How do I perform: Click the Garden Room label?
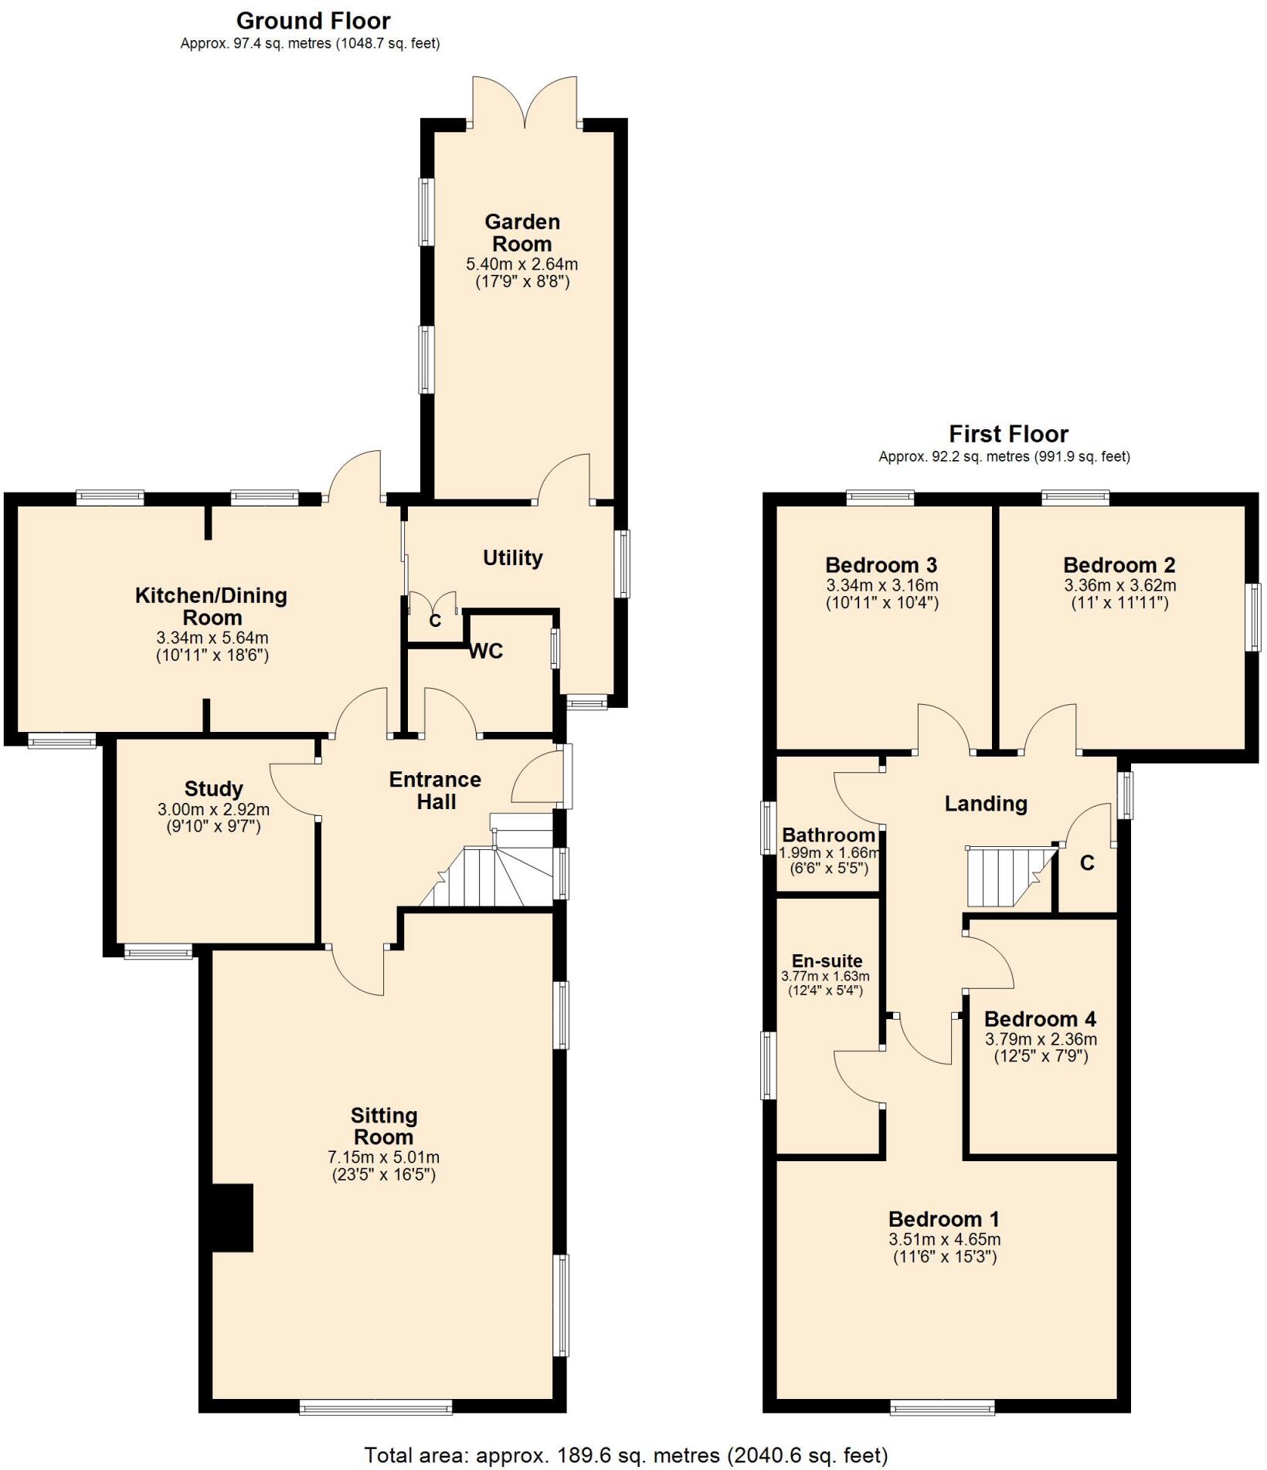(521, 232)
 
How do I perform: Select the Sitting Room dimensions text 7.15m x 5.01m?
(383, 1157)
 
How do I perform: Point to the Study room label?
(213, 789)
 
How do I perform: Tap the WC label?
(486, 652)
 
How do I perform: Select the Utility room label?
(512, 557)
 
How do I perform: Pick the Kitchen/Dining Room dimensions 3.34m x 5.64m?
(212, 638)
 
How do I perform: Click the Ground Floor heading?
(313, 21)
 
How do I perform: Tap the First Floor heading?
(1008, 434)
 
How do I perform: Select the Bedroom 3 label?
(881, 565)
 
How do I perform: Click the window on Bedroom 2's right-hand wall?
(1255, 617)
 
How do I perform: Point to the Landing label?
(986, 804)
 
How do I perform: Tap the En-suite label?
(827, 961)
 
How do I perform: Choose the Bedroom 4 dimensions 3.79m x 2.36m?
(1040, 1039)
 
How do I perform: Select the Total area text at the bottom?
(626, 1455)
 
